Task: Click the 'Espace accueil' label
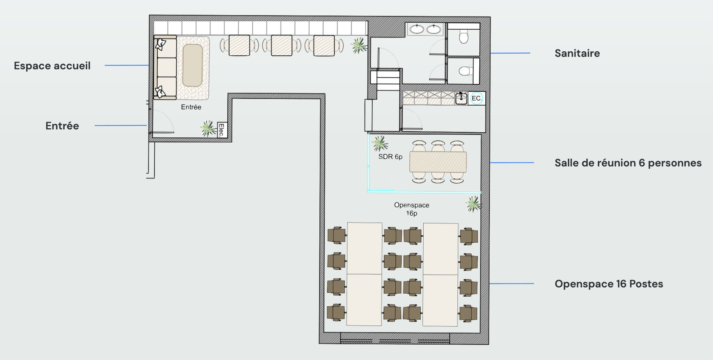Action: tap(52, 66)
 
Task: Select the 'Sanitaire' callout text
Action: tap(577, 54)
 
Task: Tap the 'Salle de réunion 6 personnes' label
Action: tap(628, 163)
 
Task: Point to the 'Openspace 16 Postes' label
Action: tap(609, 284)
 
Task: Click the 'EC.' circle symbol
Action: tap(476, 98)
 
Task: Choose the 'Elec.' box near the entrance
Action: tap(222, 130)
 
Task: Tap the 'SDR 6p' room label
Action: tap(390, 157)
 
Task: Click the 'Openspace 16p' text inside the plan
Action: tap(412, 209)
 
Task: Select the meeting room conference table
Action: tap(438, 162)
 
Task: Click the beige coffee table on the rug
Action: tap(193, 66)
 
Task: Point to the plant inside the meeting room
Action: tap(380, 143)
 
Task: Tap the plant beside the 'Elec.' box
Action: tap(208, 128)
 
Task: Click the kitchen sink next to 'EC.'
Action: tap(461, 98)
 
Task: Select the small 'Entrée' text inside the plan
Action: tap(191, 107)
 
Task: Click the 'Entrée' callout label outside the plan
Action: tap(62, 126)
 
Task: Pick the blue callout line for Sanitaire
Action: tap(510, 53)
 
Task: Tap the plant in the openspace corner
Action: tap(473, 204)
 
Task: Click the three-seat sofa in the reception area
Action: tap(165, 67)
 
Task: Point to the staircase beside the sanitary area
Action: tap(385, 80)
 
